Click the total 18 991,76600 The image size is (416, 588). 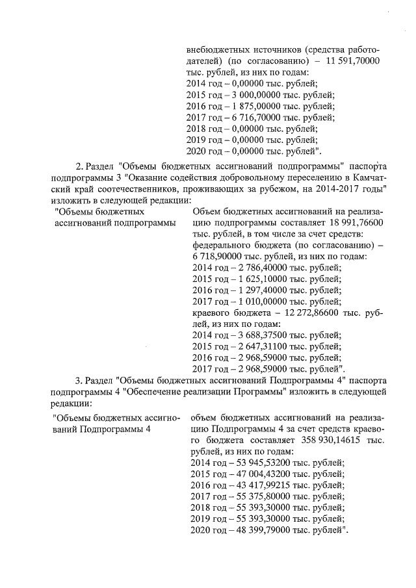click(355, 222)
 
